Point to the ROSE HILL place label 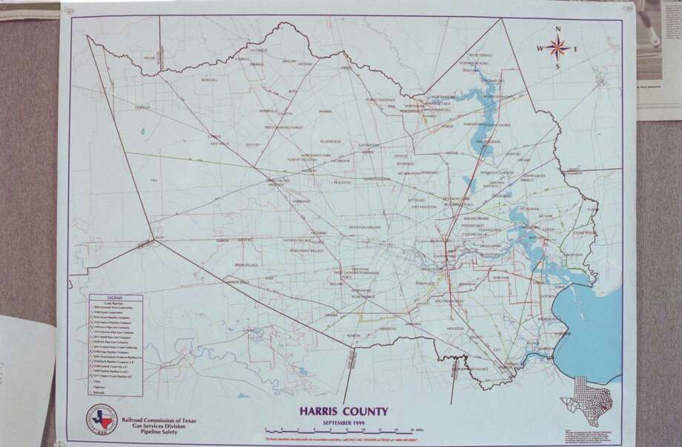coord(209,80)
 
